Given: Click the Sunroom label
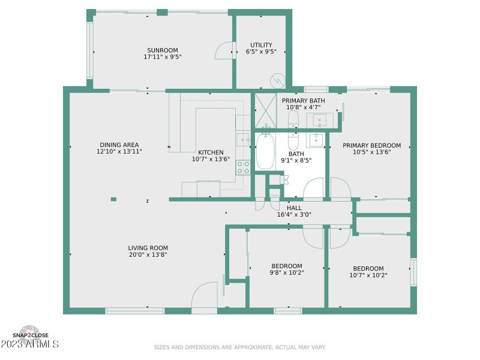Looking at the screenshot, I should click(163, 50).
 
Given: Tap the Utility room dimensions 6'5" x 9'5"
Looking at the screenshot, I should click(261, 52).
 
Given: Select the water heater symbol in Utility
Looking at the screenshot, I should click(278, 80).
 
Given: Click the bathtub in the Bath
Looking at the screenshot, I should click(265, 151).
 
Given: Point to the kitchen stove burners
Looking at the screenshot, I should click(243, 167).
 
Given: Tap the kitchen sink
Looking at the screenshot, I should click(244, 140).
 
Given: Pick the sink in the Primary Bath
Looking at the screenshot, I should click(319, 119).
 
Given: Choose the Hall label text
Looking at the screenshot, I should click(294, 208).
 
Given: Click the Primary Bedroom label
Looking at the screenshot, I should click(371, 145).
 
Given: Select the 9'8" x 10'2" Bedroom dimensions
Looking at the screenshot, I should click(287, 273).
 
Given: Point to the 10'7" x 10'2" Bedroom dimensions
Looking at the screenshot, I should click(368, 275).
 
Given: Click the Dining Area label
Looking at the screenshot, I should click(119, 145).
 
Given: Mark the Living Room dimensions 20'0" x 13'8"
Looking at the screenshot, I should click(148, 254).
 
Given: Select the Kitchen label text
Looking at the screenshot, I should click(211, 152).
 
